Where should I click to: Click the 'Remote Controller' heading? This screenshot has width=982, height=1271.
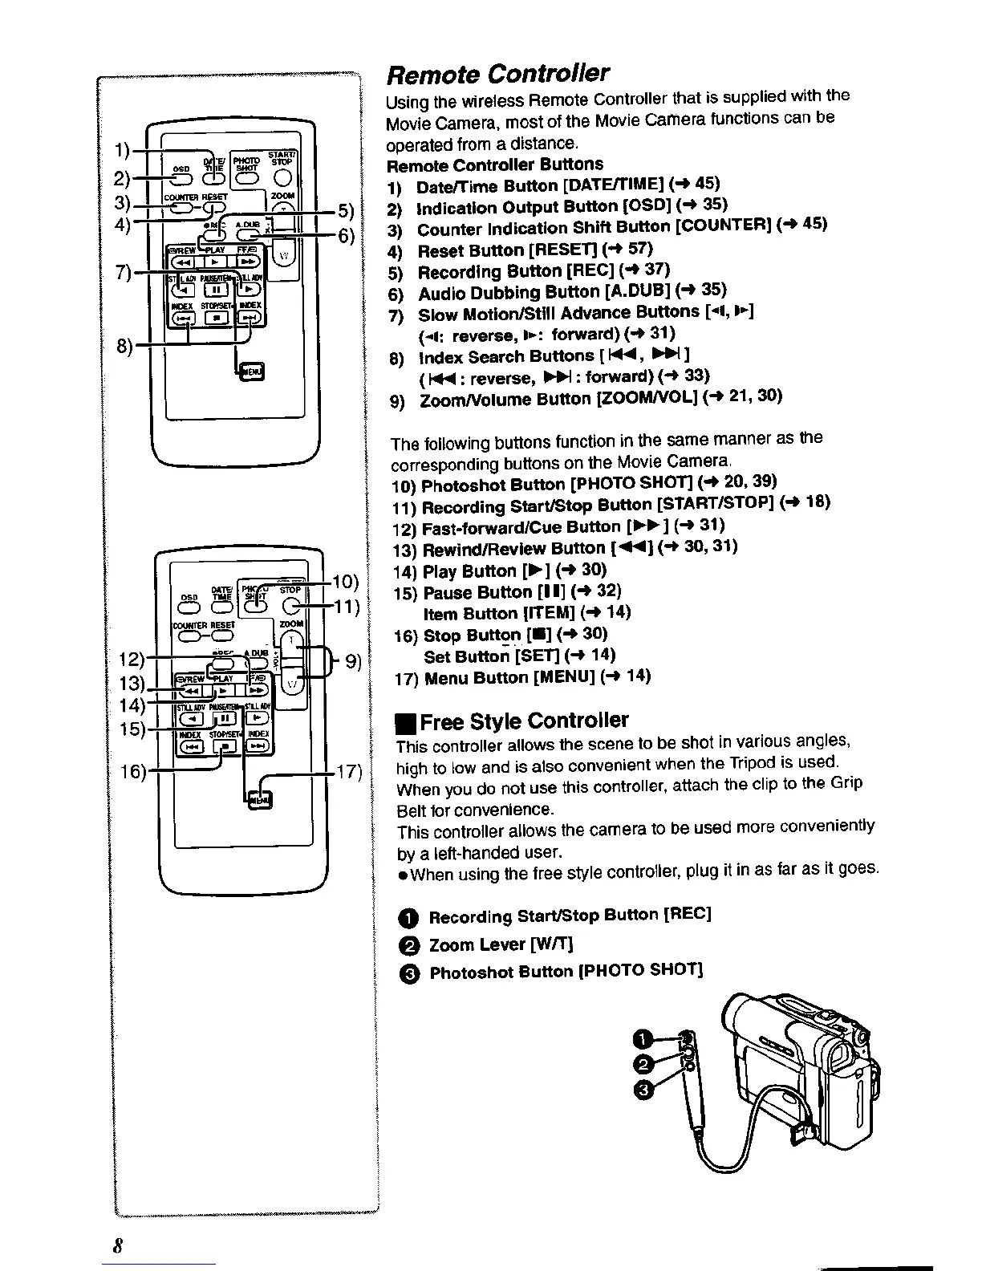pos(497,74)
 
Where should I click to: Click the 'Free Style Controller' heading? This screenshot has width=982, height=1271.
pos(513,720)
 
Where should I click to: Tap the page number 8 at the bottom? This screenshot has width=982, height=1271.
pos(117,1246)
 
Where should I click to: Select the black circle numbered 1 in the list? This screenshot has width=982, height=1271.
pos(408,917)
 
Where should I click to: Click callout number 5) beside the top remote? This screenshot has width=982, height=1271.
pos(345,211)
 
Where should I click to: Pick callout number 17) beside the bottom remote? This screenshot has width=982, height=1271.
pos(349,774)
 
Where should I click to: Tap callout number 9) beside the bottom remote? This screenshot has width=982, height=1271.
pos(353,662)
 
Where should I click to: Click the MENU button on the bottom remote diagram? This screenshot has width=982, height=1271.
pos(260,800)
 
